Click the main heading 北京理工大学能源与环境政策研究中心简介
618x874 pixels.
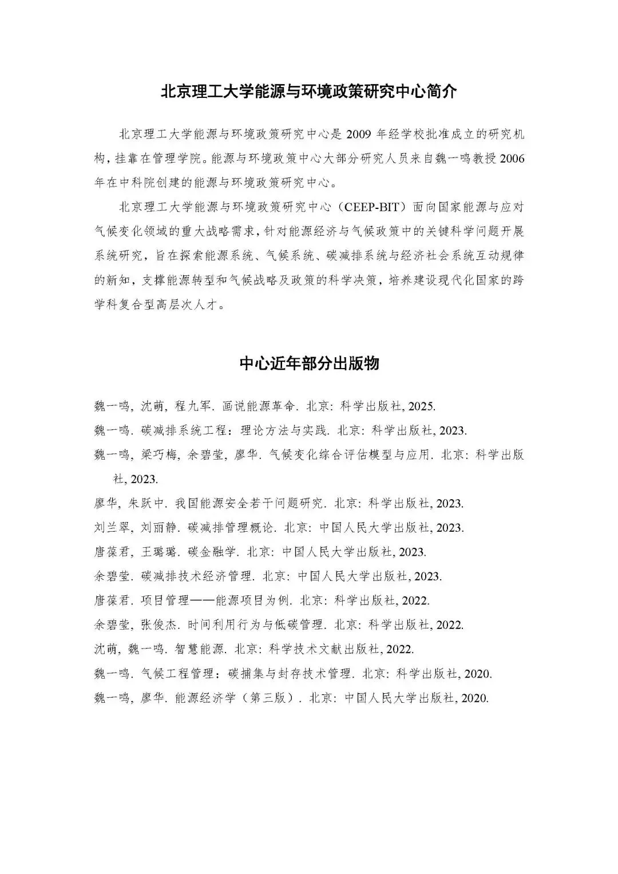[x=309, y=92]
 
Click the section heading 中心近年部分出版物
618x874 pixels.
[x=309, y=363]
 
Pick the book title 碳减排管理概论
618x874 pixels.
[x=233, y=528]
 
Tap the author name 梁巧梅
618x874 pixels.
[x=154, y=455]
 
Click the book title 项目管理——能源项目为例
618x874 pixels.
[x=217, y=601]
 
